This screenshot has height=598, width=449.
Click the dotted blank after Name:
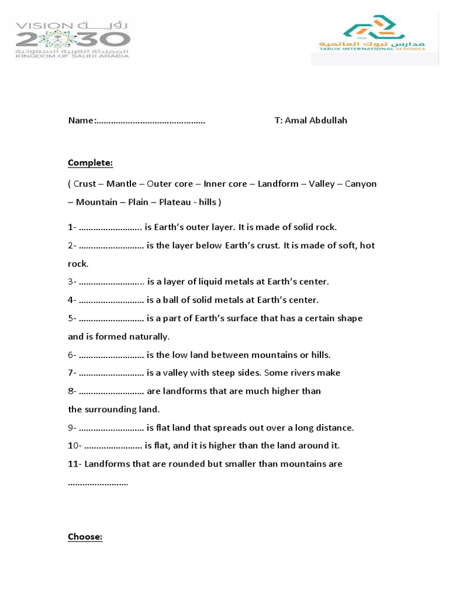pos(151,121)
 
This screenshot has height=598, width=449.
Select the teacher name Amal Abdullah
pos(319,120)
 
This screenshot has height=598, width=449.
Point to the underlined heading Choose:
pos(85,537)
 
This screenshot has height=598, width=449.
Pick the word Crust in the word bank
pos(85,184)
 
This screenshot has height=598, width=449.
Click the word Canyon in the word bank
pos(361,184)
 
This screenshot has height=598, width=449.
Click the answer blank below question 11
pos(98,484)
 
